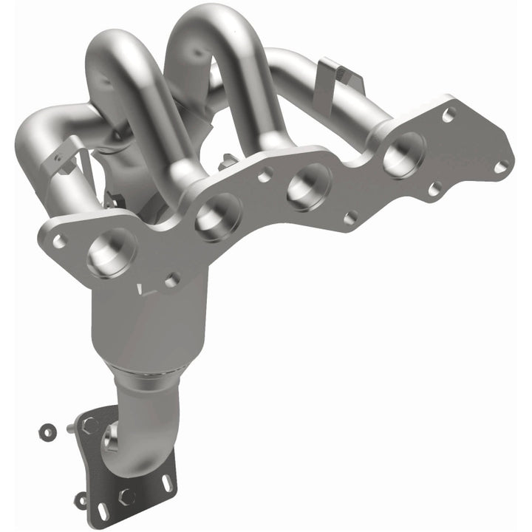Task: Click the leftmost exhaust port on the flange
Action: click(x=111, y=252)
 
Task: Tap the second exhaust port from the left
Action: click(x=218, y=215)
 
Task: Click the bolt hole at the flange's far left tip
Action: click(x=58, y=240)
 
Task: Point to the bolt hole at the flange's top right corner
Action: click(x=449, y=115)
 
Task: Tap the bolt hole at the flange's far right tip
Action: click(x=501, y=166)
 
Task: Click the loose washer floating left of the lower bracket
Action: click(x=47, y=429)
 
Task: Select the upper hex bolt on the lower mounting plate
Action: click(x=91, y=425)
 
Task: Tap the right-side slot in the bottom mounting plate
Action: click(x=168, y=484)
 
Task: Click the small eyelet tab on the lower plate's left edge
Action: click(x=81, y=500)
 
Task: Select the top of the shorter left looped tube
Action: click(x=118, y=41)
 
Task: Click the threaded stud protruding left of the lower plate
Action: click(x=71, y=427)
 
